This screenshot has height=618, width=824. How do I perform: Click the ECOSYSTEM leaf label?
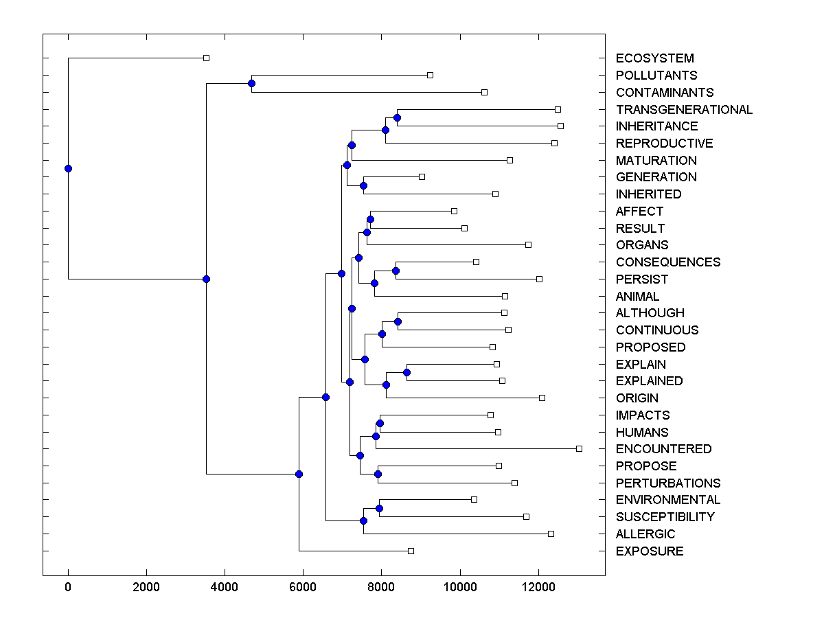[x=654, y=58]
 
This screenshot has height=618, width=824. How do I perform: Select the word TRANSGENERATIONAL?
[x=684, y=110]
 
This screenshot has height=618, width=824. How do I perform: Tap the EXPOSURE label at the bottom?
[x=650, y=551]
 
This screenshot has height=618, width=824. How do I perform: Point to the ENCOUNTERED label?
[x=663, y=449]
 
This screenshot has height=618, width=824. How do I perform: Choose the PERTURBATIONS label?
[x=668, y=483]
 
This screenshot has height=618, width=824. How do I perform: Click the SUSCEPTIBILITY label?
[x=665, y=517]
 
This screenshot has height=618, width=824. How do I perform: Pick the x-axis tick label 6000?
[x=303, y=586]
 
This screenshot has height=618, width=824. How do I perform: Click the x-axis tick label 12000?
[x=538, y=586]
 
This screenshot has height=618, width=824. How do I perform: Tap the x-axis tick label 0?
[x=68, y=586]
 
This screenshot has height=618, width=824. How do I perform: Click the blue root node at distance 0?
[x=68, y=168]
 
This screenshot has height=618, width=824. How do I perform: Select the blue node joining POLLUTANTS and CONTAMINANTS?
[x=251, y=84]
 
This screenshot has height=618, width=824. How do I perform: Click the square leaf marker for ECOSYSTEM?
[x=206, y=58]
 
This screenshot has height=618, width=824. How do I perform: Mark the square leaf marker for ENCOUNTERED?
[x=579, y=448]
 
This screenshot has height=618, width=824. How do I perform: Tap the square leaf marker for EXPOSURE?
[x=411, y=551]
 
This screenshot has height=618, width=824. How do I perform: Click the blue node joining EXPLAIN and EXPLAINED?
[x=407, y=372]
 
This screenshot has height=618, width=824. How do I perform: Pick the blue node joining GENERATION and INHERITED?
[x=363, y=185]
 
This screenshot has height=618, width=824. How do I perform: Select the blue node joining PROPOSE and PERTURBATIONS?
[x=378, y=474]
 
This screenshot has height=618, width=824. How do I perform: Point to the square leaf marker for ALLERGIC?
[x=551, y=534]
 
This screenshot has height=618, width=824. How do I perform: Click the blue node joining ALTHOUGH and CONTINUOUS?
[x=398, y=321]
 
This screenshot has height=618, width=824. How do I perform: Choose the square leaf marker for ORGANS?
[x=528, y=244]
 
